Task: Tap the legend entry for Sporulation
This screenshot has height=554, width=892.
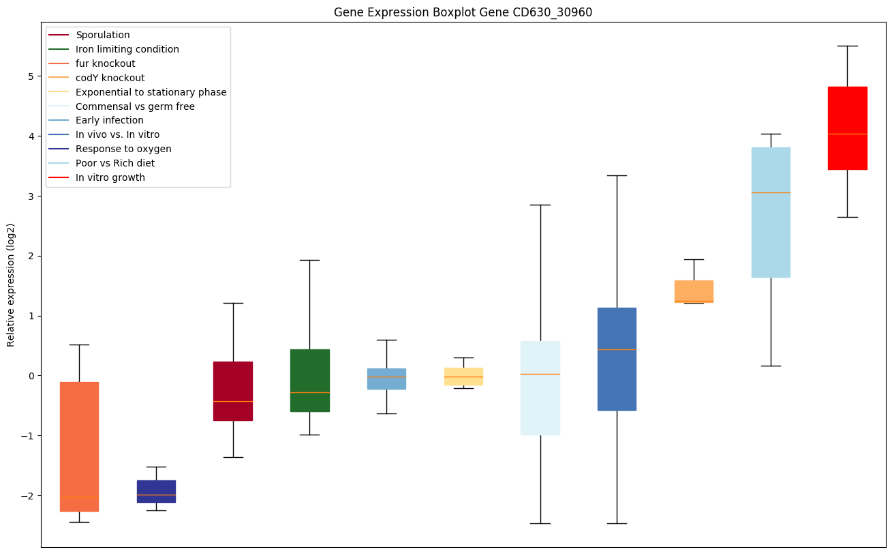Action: [103, 35]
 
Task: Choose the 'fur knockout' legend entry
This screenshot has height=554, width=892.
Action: [106, 63]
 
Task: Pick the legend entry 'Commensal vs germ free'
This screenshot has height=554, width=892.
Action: [135, 106]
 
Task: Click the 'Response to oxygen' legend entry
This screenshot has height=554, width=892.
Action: [123, 149]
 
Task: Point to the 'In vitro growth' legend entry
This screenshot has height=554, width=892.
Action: [110, 177]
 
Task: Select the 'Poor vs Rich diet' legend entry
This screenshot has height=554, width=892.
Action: [115, 163]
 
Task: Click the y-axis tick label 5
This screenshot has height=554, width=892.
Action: [31, 76]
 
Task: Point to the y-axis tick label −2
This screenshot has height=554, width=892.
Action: [27, 495]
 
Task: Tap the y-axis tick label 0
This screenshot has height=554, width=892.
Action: [31, 376]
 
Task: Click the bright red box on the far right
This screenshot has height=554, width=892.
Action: [847, 128]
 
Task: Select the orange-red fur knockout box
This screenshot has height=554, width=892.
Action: [79, 446]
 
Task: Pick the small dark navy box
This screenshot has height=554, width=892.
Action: [156, 491]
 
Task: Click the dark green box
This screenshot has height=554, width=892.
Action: [310, 380]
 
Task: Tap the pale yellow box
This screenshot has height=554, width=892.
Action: [463, 376]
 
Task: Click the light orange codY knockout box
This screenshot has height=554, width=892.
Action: [694, 291]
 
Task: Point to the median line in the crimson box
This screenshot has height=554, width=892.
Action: [233, 401]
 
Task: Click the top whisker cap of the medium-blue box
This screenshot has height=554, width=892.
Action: [617, 175]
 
